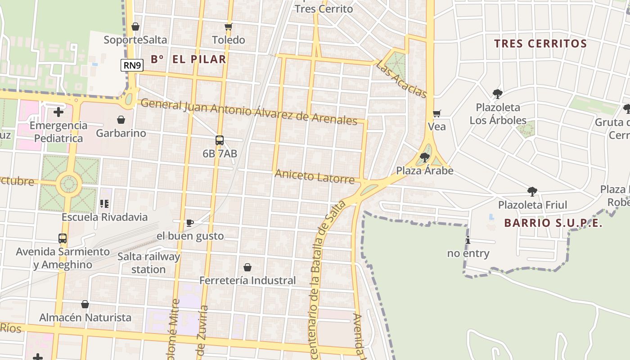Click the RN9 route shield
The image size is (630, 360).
tap(132, 66)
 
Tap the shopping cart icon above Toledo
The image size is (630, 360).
tap(228, 27)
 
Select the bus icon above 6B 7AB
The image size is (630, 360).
tap(219, 140)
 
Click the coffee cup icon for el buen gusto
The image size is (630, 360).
tap(189, 223)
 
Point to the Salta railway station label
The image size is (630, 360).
tap(148, 263)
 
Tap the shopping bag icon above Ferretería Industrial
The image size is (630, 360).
tap(247, 267)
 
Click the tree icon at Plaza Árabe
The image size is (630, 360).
tap(424, 157)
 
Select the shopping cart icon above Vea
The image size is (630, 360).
tap(436, 113)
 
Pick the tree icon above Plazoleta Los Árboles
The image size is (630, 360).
tap(497, 94)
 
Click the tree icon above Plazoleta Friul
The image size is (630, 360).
tap(532, 192)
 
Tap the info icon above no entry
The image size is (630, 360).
tap(468, 240)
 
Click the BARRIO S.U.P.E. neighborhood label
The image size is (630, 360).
tap(553, 223)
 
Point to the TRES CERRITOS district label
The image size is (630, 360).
tap(540, 44)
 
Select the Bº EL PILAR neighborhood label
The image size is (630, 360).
tap(188, 59)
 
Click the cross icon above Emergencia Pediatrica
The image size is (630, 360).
tap(58, 112)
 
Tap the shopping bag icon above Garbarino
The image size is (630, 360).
tap(121, 120)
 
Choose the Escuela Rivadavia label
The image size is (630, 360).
tap(104, 217)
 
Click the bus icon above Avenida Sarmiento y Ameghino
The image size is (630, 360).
tap(63, 238)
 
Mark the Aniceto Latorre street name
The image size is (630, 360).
tap(315, 176)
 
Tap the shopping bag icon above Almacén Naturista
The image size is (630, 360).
tap(85, 305)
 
